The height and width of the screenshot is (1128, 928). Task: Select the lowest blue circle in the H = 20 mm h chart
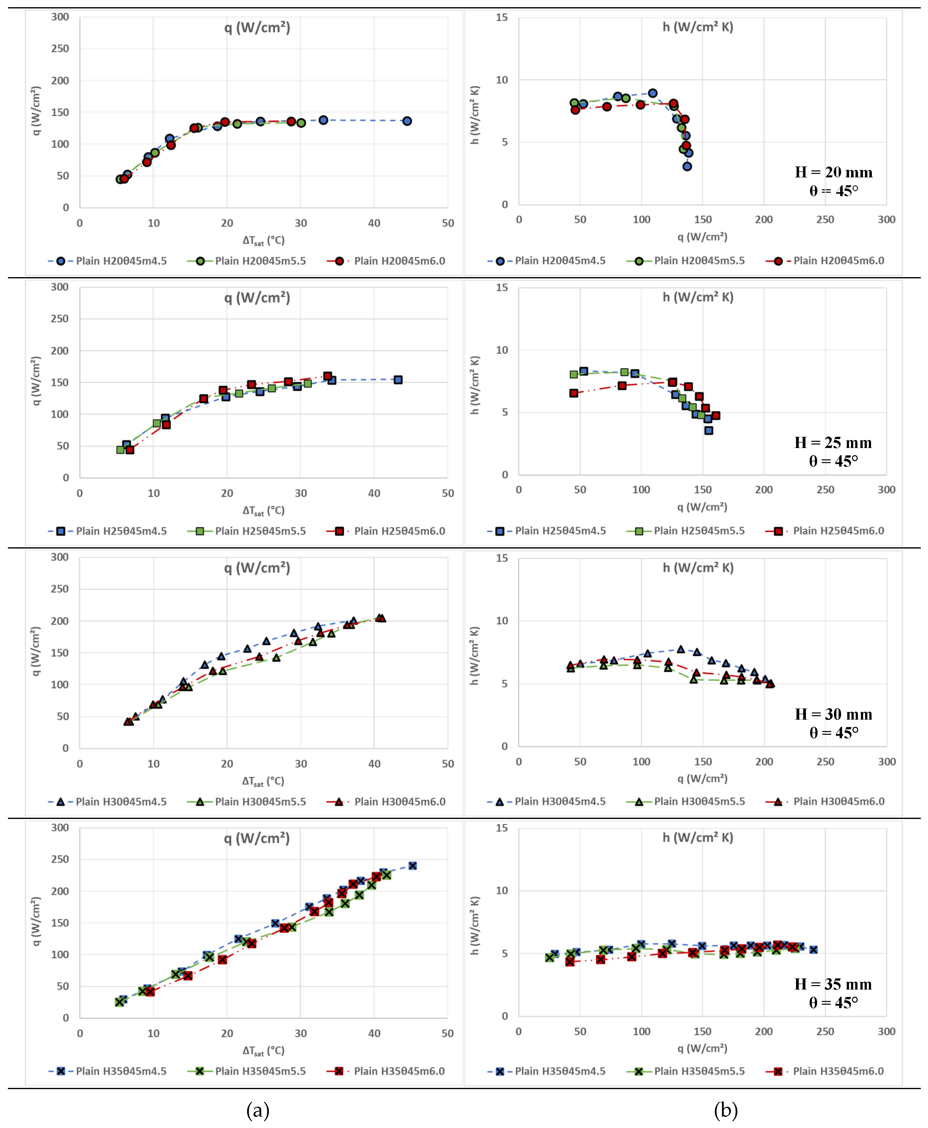pyautogui.click(x=687, y=166)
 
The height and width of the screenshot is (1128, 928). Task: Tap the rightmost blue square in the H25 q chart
pyautogui.click(x=398, y=380)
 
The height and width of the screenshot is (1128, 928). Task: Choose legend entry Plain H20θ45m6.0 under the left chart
pyautogui.click(x=399, y=261)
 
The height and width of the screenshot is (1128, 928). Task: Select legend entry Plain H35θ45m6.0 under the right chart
pyautogui.click(x=838, y=1071)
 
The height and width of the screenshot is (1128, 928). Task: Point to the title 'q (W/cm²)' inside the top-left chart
pyautogui.click(x=257, y=27)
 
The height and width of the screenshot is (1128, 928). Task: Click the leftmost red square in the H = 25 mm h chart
pyautogui.click(x=574, y=393)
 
